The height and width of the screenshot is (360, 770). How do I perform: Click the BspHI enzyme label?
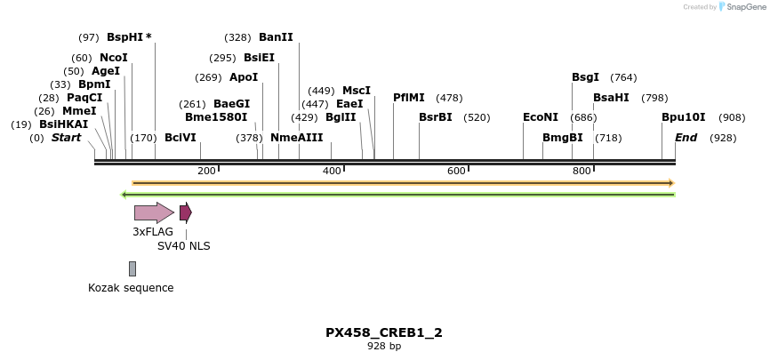(x=124, y=37)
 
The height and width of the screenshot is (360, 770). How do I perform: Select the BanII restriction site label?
(x=276, y=37)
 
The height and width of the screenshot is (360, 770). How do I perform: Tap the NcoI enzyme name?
(x=114, y=58)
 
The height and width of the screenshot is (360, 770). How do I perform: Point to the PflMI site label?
(x=409, y=98)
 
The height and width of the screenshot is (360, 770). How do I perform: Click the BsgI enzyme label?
(x=585, y=77)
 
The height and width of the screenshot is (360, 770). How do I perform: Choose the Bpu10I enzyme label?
(x=683, y=117)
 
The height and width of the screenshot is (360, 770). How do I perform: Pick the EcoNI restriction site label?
(x=541, y=117)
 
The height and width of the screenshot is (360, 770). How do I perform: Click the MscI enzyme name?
(x=357, y=91)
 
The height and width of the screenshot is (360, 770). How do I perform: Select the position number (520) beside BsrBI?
(x=477, y=117)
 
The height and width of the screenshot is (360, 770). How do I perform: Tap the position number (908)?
(x=732, y=117)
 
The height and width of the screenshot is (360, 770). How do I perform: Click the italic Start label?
(x=66, y=138)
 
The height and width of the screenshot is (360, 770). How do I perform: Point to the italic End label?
(x=686, y=138)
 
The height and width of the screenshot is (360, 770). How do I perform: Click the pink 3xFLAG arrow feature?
(x=154, y=212)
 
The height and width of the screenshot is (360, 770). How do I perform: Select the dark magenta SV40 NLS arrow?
(x=185, y=212)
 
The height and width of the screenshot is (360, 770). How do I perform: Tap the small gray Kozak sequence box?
(x=132, y=268)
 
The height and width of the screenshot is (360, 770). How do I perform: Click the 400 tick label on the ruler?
(x=332, y=172)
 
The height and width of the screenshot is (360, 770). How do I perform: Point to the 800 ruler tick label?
(x=582, y=172)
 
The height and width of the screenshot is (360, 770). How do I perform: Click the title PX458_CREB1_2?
(x=384, y=332)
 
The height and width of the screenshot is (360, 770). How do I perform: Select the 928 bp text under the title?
(x=384, y=347)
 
